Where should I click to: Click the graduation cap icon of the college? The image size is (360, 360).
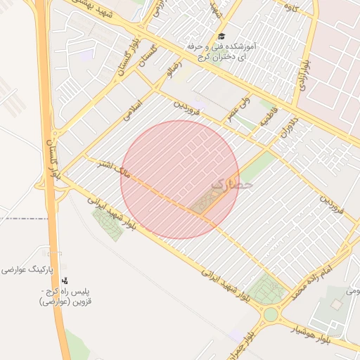(222, 35)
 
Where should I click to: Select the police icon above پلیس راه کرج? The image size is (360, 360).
(65, 281)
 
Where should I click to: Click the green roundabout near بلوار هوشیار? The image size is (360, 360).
(271, 313)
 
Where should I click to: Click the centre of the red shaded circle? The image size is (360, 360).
(180, 179)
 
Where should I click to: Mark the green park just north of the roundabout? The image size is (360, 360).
(266, 289)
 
